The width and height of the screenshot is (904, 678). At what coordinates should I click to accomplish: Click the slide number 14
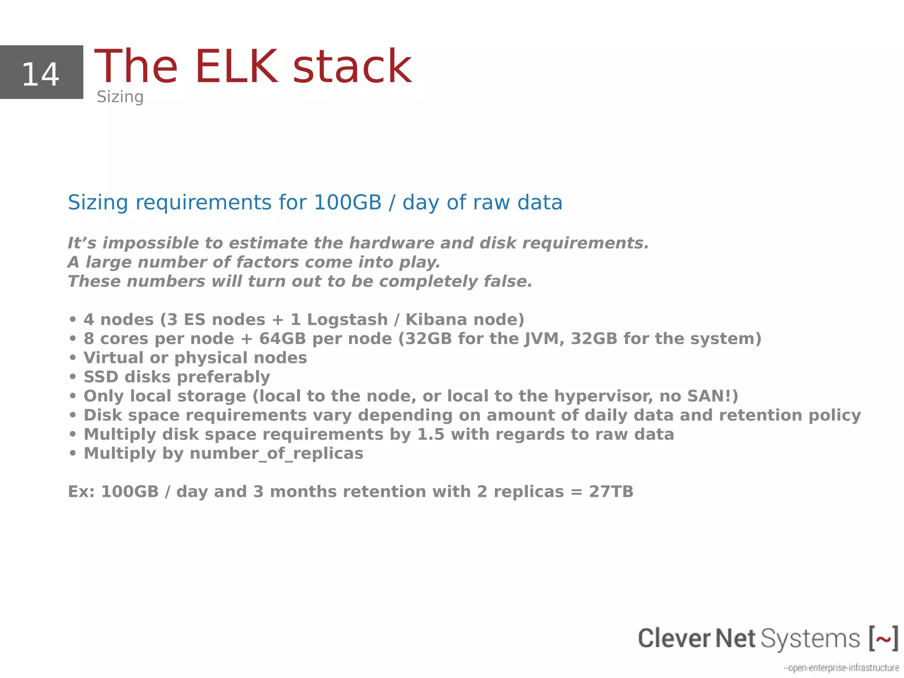pos(41,74)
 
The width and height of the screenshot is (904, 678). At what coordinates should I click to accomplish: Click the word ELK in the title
pos(236,67)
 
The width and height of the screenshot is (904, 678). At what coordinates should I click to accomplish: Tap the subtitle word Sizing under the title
pos(120,97)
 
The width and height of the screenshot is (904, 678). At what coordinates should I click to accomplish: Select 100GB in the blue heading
pos(347,202)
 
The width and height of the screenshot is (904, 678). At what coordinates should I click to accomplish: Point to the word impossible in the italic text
pos(150,243)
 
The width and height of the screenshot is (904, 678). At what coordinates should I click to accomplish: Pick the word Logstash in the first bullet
pos(347,319)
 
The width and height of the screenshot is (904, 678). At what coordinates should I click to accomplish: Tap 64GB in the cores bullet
pos(282,339)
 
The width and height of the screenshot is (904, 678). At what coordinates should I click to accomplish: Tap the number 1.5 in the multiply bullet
pos(430,434)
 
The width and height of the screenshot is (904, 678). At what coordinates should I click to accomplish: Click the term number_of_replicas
pos(276,454)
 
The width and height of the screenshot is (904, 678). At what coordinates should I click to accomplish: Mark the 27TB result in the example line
pos(611,492)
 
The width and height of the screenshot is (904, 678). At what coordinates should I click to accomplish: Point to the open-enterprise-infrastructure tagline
pos(841,667)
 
